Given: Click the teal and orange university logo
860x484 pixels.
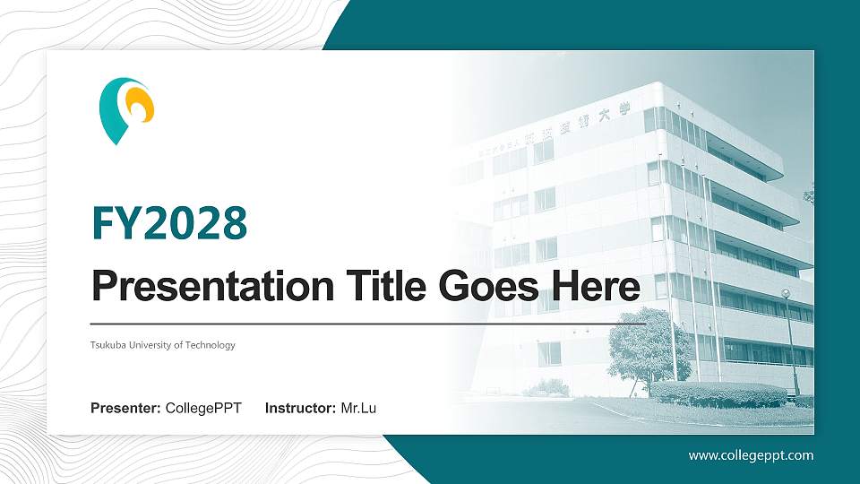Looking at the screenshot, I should point(126,110).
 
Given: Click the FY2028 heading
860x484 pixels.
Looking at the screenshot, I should point(169,223).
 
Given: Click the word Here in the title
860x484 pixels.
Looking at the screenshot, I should point(595,287).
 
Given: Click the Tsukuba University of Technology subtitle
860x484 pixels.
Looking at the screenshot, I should point(163,345).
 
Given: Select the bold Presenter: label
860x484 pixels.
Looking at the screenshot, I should point(125,409).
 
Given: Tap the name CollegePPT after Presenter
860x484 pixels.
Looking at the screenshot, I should point(203,409).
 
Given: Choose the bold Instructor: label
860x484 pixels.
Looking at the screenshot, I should point(301,409).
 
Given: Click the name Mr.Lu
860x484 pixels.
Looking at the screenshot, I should point(358,409).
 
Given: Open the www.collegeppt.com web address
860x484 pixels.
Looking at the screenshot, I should point(751,455).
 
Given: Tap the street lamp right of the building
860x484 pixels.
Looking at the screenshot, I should point(787,341).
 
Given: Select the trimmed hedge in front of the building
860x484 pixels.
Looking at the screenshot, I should point(717,393).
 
